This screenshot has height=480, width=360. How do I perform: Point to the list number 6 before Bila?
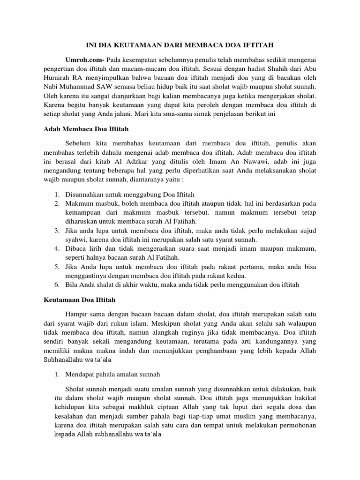point(55,284)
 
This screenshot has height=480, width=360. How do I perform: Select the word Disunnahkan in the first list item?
point(87,194)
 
